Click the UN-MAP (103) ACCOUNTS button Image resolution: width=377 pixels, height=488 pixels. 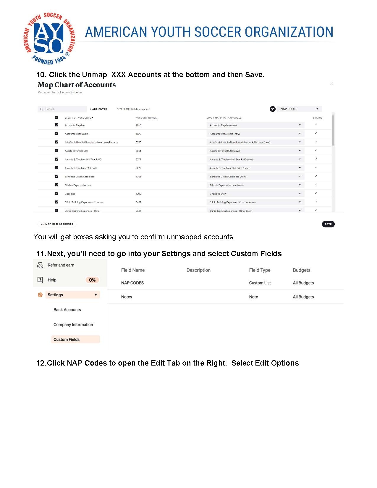(57, 224)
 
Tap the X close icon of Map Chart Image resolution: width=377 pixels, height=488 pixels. (331, 84)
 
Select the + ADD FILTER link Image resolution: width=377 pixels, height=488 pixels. (98, 109)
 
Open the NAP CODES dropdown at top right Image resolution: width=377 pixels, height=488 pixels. (299, 109)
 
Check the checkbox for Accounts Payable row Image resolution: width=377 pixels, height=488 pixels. (56, 125)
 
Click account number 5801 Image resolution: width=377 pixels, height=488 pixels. (138, 151)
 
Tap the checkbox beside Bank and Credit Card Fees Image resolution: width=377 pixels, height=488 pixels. (56, 176)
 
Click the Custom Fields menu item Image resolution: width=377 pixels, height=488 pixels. (67, 340)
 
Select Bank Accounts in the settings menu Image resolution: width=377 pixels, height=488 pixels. (67, 310)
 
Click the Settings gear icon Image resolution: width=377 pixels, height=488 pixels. (40, 295)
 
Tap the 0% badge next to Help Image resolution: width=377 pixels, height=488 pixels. (92, 280)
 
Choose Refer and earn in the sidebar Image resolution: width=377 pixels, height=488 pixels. (61, 265)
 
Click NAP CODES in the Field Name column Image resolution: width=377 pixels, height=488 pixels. (132, 283)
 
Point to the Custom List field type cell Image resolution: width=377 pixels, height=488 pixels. (260, 283)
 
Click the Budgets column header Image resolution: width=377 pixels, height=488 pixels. (302, 270)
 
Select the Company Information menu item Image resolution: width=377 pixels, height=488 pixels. (73, 324)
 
